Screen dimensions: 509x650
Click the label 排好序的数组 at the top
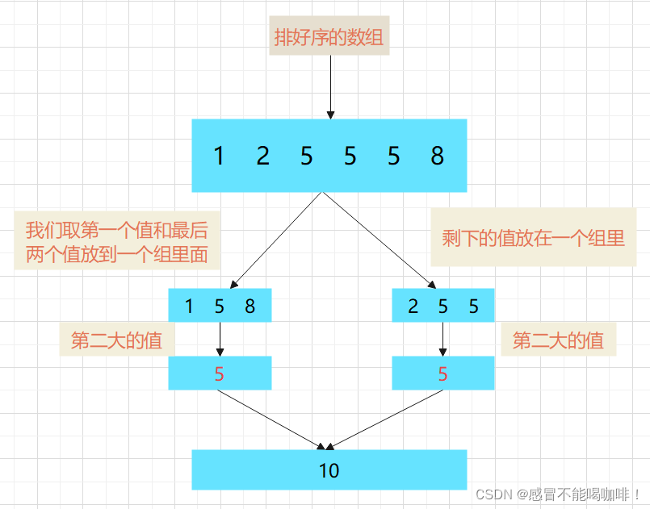point(329,37)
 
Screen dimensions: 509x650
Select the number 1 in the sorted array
point(219,156)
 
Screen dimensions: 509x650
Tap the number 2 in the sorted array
point(262,156)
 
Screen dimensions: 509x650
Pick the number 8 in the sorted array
point(437,156)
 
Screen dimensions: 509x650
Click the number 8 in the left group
point(250,307)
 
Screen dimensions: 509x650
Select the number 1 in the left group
point(189,307)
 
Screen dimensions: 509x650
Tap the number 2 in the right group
point(413,307)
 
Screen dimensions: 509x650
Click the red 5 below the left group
point(220,373)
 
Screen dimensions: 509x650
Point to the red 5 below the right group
point(442,373)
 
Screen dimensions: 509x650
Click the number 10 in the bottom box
point(329,470)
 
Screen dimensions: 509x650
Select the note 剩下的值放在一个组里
point(533,238)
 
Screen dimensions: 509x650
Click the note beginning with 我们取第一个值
point(116,243)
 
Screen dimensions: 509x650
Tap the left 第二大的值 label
point(116,340)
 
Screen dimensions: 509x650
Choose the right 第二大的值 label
point(558,340)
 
